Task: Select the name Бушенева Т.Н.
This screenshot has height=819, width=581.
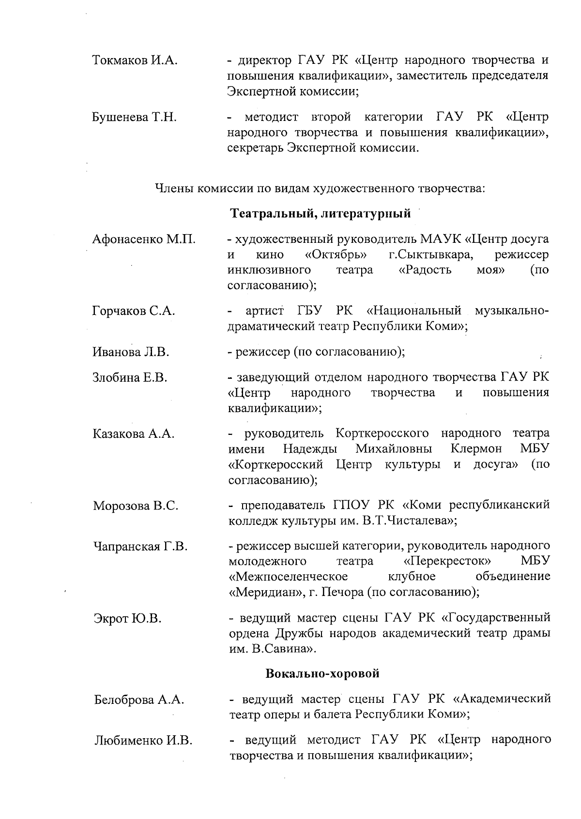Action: pos(134,117)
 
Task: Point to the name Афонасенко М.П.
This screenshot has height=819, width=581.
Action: pos(144,239)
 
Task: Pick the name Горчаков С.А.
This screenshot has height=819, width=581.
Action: pos(134,311)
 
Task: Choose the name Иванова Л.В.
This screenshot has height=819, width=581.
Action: pos(131,352)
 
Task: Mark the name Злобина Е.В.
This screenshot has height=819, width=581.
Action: pos(130,377)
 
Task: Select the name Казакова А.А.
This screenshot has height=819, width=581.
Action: pos(133,433)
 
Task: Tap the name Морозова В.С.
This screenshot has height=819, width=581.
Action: pos(136,506)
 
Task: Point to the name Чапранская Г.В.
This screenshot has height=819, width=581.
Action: pos(140,547)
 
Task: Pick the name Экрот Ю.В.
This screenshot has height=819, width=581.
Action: pos(127,618)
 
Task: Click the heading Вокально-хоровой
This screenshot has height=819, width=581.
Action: pos(322,673)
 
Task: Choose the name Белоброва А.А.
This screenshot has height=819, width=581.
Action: pos(139,700)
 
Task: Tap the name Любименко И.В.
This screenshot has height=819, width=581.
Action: pos(143,740)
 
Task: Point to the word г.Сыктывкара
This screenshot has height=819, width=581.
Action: pos(430,254)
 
